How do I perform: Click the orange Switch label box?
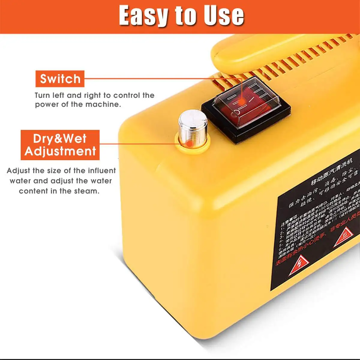60,79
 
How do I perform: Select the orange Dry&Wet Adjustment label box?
60,145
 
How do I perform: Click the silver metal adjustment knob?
192,126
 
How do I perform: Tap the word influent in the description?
102,171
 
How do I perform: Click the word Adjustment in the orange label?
60,151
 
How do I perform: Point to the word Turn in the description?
42,95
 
